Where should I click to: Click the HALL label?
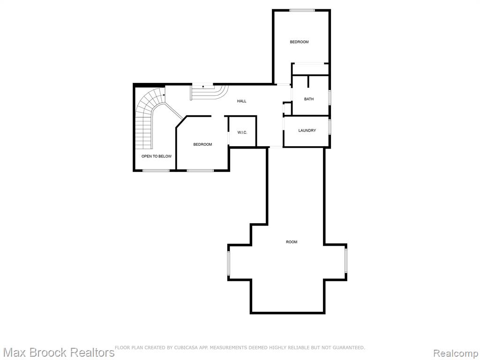point(241,101)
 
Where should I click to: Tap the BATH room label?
point(309,99)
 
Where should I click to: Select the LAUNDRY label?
point(307,130)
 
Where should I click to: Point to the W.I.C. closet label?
point(242,133)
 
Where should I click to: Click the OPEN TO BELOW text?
point(157,156)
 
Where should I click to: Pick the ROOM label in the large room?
point(292,242)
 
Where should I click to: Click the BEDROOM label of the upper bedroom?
point(299,42)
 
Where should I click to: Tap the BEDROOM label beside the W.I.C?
point(202,144)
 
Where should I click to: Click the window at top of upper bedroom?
point(302,11)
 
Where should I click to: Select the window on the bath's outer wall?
point(330,97)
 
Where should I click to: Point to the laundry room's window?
point(330,127)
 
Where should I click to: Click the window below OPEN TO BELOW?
point(156,170)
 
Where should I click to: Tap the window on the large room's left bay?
point(228,262)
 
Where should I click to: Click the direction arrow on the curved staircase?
point(164,95)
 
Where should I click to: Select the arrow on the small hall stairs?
point(202,87)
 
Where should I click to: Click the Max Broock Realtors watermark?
point(58,352)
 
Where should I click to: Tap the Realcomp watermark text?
point(456,352)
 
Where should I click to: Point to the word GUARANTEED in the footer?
point(349,347)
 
